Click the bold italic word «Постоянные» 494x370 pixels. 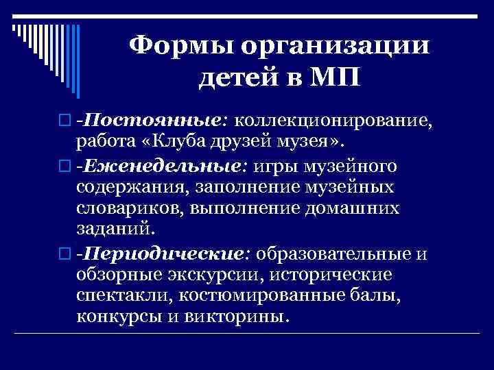[154, 122]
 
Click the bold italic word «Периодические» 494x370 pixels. [163, 254]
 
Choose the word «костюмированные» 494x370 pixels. [272, 297]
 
